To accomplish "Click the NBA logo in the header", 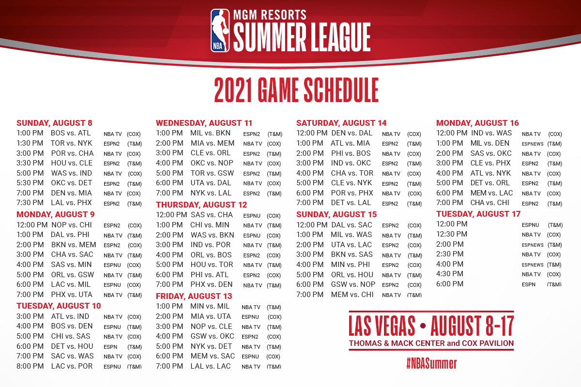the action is point(220,30).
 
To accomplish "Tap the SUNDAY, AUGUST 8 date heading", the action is point(54,123).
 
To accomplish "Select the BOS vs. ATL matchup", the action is point(71,133).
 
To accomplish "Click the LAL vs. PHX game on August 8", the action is point(71,203).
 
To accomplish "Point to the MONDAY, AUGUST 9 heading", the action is point(56,215).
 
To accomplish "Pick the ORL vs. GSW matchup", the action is point(72,274).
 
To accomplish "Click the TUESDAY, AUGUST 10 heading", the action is point(59,306).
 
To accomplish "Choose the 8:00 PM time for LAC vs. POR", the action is point(30,366).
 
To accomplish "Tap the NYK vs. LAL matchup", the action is point(211,193).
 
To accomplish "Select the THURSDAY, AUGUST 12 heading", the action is point(201,205).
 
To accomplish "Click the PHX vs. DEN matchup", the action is point(212,284).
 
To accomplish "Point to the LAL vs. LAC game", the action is point(210,366).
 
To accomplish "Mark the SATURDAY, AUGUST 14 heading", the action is point(341,123).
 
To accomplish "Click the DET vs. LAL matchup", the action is point(351,203).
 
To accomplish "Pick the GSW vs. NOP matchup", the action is point(353,284).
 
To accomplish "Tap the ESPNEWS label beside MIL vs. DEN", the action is point(533,144).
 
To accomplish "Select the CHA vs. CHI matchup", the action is point(489,203).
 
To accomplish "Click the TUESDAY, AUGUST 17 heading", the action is point(478,214).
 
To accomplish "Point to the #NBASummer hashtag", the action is point(431,363).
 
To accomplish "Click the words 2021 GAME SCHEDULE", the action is point(296,90).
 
